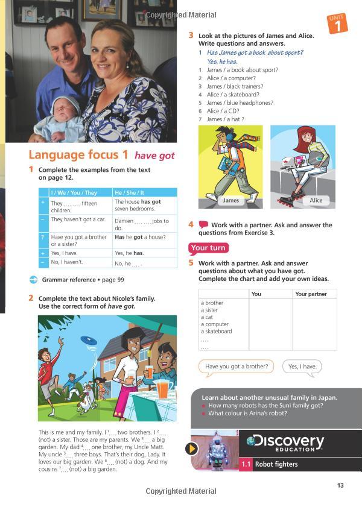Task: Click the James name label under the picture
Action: click(x=230, y=200)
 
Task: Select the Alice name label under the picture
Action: click(x=316, y=200)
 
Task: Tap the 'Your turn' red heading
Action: click(x=208, y=248)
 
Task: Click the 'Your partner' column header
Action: click(x=311, y=294)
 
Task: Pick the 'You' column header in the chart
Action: click(x=256, y=294)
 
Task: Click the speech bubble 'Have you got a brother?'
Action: click(x=236, y=367)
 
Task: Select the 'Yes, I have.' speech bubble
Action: click(x=302, y=367)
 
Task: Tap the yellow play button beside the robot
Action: click(x=192, y=449)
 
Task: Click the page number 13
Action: click(x=340, y=486)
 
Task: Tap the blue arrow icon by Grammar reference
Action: click(x=33, y=280)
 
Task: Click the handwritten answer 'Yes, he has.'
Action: click(x=222, y=61)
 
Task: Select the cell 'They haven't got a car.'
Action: click(x=78, y=220)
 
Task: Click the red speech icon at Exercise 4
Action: click(x=203, y=224)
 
